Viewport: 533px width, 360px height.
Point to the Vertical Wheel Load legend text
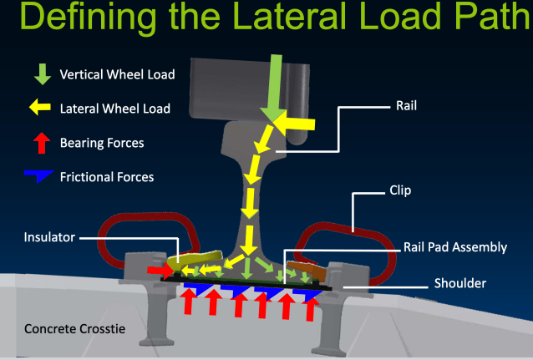click(x=117, y=75)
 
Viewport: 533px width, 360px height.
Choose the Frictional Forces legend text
click(x=107, y=177)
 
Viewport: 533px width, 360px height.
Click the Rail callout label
click(x=407, y=107)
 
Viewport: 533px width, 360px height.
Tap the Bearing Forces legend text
click(x=102, y=143)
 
